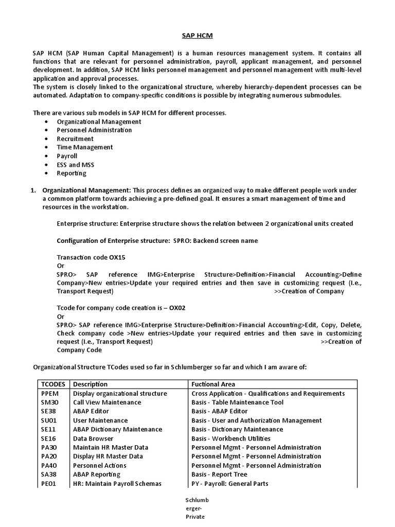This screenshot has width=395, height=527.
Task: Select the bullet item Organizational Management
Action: pyautogui.click(x=99, y=121)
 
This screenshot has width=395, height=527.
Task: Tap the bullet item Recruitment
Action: pyautogui.click(x=75, y=138)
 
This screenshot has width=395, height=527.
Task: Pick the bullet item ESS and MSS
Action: pyautogui.click(x=76, y=165)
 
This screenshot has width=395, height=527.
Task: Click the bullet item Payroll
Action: pyautogui.click(x=67, y=156)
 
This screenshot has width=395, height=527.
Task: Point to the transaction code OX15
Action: pyautogui.click(x=117, y=257)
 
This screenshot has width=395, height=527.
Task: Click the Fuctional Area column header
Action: pyautogui.click(x=213, y=384)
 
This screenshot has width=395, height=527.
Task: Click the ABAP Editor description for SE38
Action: pyautogui.click(x=91, y=411)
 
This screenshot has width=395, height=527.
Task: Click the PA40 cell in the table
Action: pyautogui.click(x=49, y=465)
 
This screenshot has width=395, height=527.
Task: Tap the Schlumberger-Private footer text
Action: pyautogui.click(x=197, y=509)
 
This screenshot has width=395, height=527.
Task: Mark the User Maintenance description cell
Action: pyautogui.click(x=97, y=420)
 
